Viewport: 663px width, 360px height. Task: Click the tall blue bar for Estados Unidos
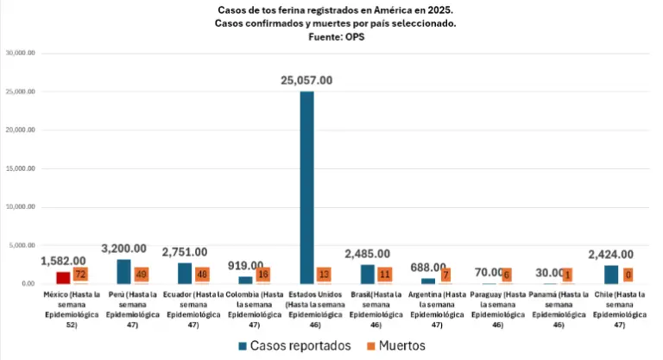(x=306, y=187)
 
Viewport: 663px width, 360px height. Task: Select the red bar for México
(x=63, y=278)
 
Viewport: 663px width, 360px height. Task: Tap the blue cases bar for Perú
(x=123, y=271)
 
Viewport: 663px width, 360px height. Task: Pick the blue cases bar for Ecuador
(x=185, y=273)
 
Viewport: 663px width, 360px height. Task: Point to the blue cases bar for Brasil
(x=368, y=274)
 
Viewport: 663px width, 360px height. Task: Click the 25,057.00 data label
(x=306, y=80)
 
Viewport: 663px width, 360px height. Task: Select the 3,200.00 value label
(x=124, y=249)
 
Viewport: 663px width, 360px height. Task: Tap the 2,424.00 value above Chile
(x=610, y=255)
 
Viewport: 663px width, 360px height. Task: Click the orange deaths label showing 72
(x=80, y=275)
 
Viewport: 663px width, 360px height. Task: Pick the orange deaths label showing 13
(x=324, y=275)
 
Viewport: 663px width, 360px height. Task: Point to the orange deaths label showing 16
(x=262, y=275)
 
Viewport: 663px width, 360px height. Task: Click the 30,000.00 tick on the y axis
(x=20, y=53)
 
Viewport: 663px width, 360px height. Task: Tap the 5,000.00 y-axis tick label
(x=21, y=245)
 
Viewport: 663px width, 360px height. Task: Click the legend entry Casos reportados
(x=293, y=345)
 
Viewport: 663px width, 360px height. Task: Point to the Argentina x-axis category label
(x=436, y=310)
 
